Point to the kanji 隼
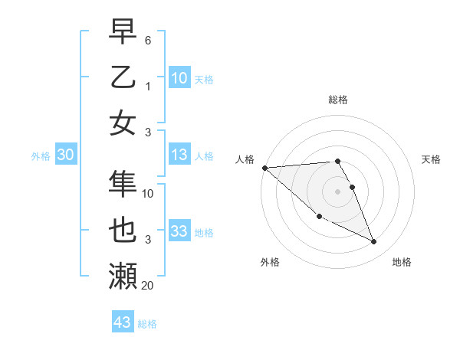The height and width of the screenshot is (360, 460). [123, 184]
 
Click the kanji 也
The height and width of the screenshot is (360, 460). [123, 230]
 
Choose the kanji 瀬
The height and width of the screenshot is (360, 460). [123, 276]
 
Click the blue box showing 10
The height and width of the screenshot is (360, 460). [179, 77]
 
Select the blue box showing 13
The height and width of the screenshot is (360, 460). [179, 155]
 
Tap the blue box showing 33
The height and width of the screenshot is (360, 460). [179, 231]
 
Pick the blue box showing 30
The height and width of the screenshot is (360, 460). [65, 155]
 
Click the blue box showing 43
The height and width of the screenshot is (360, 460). [122, 322]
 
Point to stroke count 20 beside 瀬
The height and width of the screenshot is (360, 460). [147, 286]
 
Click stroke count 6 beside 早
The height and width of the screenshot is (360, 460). [148, 39]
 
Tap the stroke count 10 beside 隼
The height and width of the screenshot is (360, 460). [148, 194]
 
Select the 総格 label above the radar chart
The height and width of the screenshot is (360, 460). [337, 100]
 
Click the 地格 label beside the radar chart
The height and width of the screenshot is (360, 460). [402, 262]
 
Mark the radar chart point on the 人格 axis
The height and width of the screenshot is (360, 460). [264, 168]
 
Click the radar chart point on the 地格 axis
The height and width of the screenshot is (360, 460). [374, 242]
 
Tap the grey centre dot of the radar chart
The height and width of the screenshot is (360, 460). [337, 191]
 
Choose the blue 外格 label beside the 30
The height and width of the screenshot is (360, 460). [41, 156]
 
